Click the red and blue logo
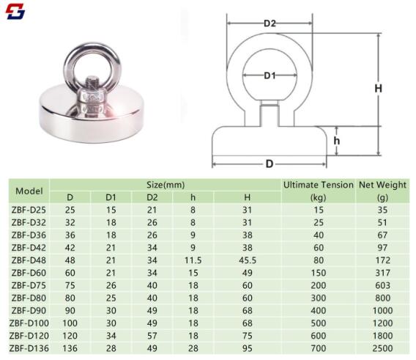tap(15, 12)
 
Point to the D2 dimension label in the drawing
tap(270, 23)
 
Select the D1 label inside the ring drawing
tap(270, 76)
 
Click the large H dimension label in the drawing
tap(379, 88)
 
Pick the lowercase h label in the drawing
tap(337, 141)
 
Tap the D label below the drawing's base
tap(270, 164)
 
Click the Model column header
tap(29, 191)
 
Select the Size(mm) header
tap(166, 185)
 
